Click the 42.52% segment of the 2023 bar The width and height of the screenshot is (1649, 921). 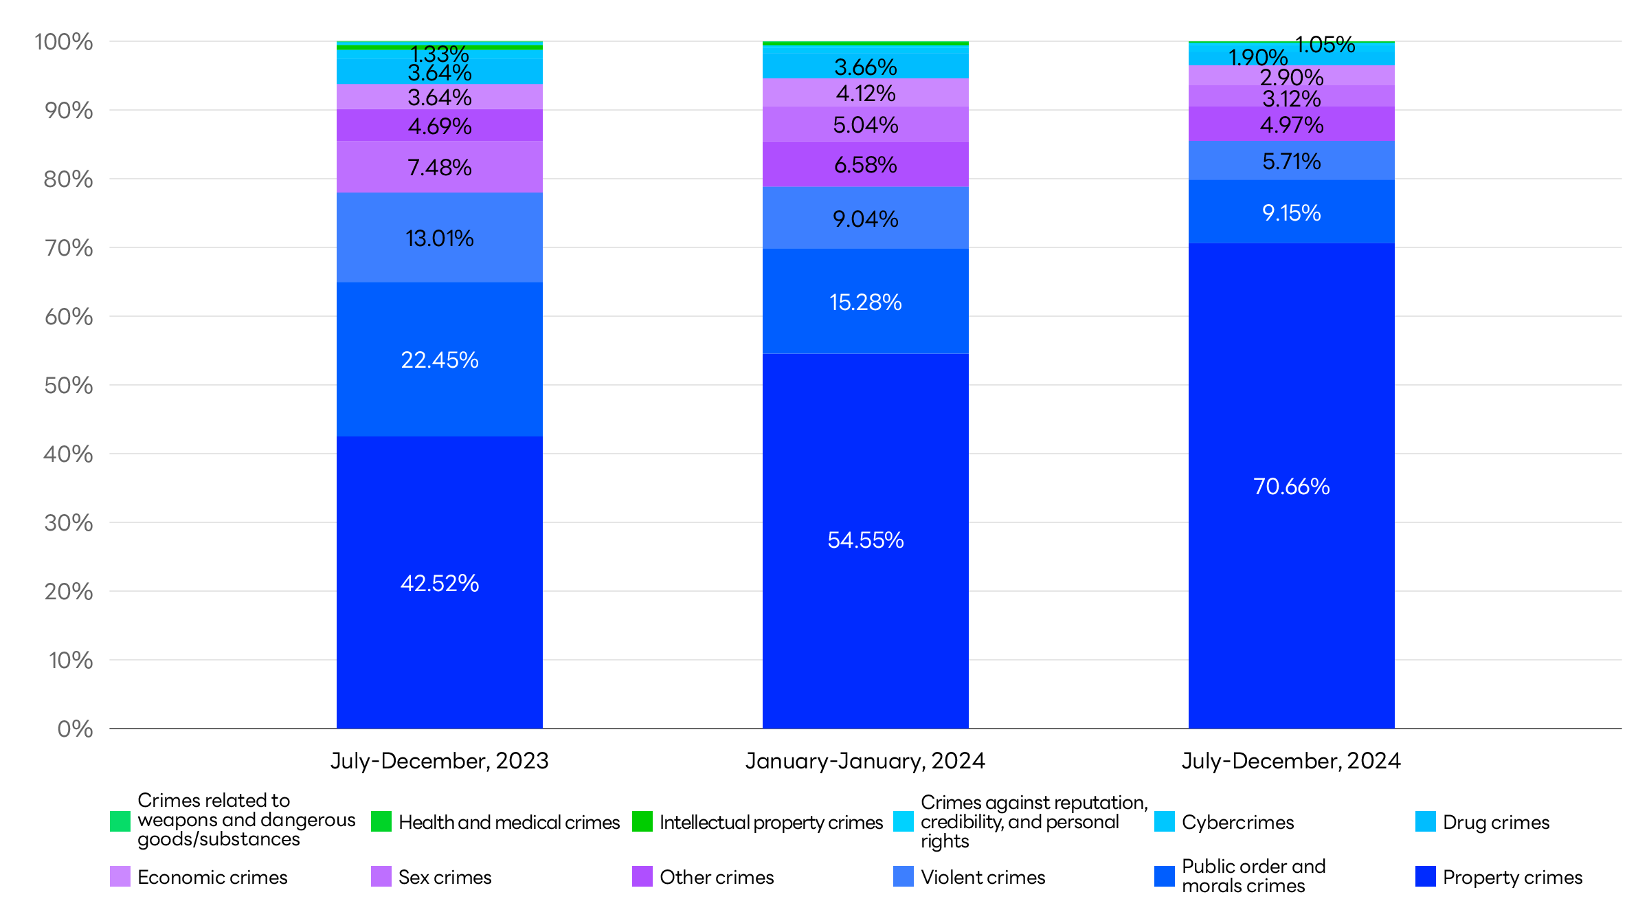pos(440,583)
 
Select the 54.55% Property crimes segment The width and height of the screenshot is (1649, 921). pos(866,540)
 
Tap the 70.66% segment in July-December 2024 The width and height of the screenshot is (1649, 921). pos(1292,487)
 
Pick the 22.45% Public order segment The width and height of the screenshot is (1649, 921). pos(440,360)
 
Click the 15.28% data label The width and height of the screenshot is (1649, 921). pos(866,302)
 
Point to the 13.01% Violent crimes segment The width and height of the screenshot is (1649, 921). pos(440,238)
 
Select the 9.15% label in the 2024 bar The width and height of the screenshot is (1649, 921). pos(1292,213)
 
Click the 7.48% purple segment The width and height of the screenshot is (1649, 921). pos(440,167)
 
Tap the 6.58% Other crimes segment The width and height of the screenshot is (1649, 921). pos(866,164)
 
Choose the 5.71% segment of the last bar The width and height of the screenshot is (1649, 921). pos(1292,161)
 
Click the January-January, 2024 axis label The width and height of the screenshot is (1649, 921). pos(866,761)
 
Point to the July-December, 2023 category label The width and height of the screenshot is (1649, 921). pos(440,761)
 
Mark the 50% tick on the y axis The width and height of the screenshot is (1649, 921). pos(69,385)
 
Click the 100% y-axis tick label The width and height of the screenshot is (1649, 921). pos(64,42)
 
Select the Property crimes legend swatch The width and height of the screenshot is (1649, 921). pos(1426,876)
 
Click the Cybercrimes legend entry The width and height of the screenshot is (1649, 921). pos(1237,822)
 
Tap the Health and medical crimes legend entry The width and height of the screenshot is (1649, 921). pos(508,822)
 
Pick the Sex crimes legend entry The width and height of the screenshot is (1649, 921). pos(445,877)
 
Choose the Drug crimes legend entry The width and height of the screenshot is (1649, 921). pos(1496,822)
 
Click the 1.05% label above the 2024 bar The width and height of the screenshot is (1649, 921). pos(1325,45)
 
